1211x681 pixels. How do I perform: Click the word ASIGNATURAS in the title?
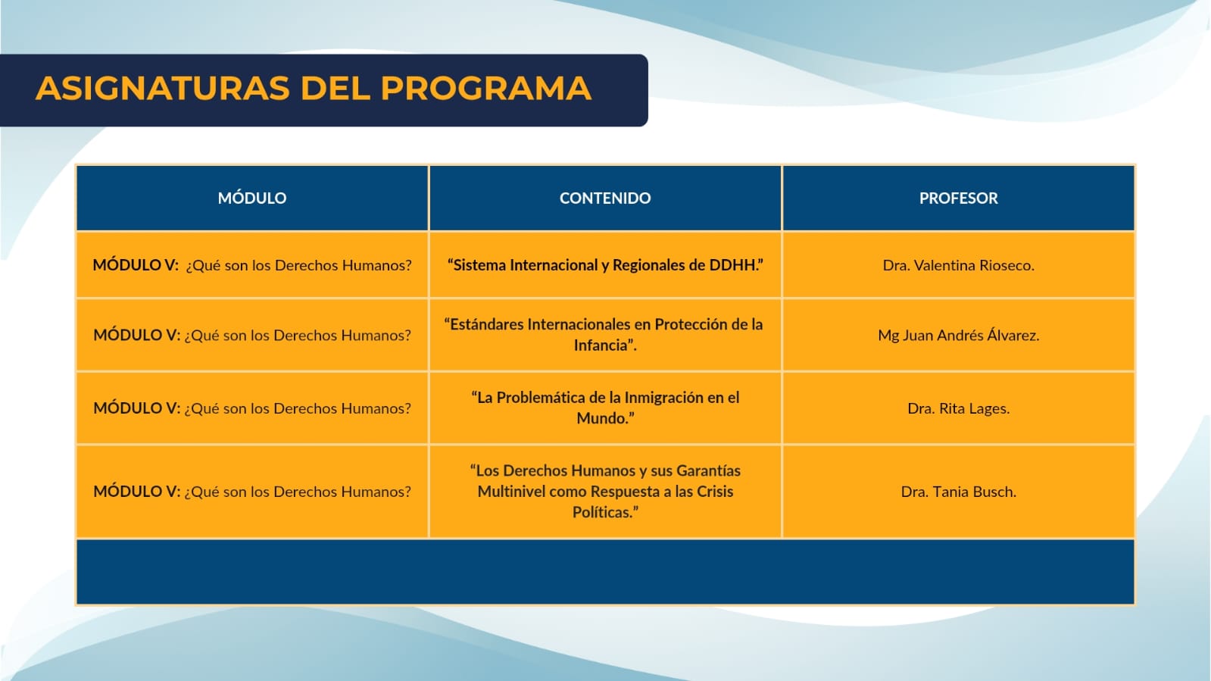point(163,88)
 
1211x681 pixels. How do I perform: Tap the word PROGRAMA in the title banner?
point(486,88)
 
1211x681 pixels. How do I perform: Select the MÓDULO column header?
point(252,198)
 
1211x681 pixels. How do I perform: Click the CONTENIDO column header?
point(605,198)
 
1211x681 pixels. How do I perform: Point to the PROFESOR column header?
point(959,198)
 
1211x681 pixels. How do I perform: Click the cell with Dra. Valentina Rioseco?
point(959,265)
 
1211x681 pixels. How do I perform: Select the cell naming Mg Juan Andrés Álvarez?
point(959,335)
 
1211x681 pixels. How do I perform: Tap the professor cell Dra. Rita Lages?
point(959,408)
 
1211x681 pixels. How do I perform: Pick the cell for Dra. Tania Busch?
point(959,492)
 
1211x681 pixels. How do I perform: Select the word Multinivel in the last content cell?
point(511,492)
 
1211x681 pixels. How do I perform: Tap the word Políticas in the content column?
point(602,512)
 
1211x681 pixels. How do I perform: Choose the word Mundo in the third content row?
point(600,419)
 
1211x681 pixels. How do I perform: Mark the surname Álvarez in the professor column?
point(1013,334)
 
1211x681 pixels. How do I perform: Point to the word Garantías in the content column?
point(708,470)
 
